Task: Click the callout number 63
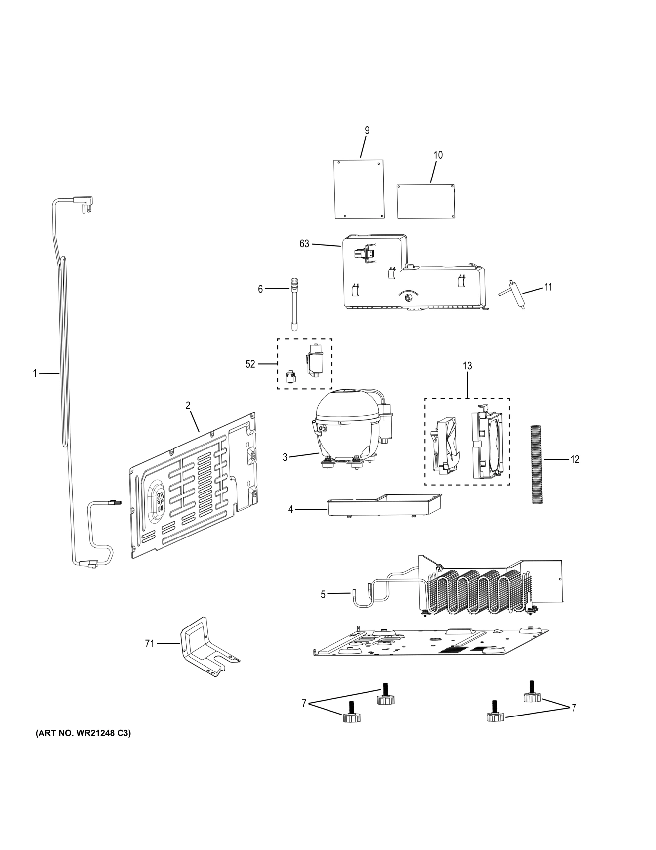coord(304,244)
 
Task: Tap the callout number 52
coord(250,364)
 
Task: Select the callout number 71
coord(149,644)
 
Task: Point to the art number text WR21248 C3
coord(83,734)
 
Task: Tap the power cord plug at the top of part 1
coord(83,202)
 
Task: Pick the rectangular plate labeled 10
coord(426,201)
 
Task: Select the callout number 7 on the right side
coord(574,708)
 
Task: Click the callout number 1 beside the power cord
coord(35,374)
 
